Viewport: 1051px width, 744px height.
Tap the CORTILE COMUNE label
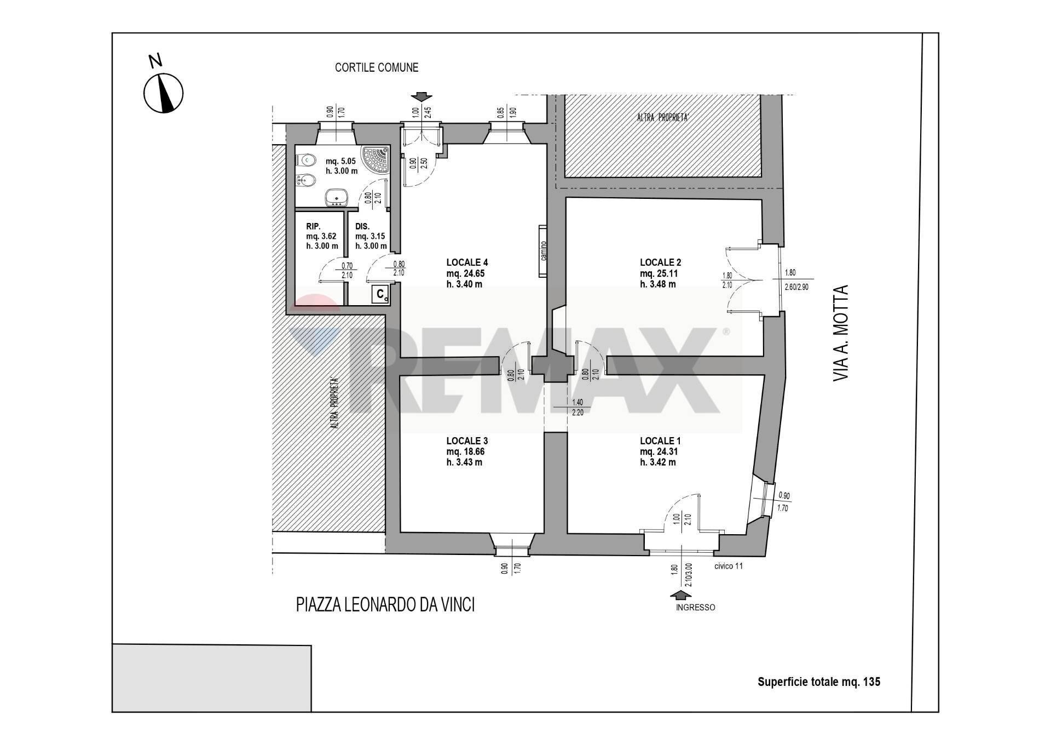377,67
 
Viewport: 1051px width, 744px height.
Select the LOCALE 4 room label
466,262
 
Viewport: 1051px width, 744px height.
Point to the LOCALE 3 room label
466,441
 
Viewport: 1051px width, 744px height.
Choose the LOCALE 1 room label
660,441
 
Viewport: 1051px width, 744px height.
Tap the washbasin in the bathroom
334,197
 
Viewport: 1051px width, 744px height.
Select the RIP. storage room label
313,226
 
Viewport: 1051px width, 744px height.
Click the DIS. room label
362,226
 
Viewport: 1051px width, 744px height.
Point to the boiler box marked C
380,294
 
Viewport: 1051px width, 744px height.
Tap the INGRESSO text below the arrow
695,608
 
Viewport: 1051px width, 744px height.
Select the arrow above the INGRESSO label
680,596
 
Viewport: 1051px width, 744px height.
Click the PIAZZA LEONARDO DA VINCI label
385,605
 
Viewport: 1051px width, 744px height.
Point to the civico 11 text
728,566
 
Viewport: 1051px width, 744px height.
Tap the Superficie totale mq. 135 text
818,682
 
